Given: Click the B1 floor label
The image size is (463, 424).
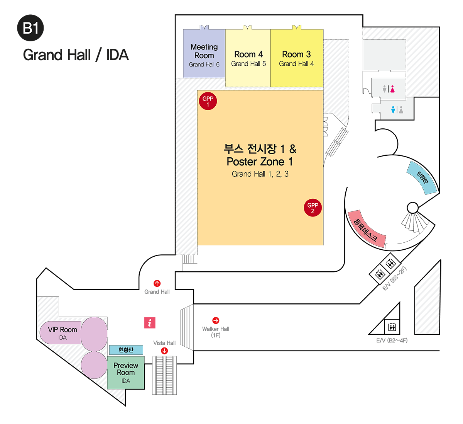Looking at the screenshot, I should click(31, 29).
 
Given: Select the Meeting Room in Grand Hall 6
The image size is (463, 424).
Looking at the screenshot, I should click(204, 54).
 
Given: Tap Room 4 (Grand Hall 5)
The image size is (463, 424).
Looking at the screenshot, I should click(248, 58).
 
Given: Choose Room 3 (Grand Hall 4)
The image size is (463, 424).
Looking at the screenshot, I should click(296, 58).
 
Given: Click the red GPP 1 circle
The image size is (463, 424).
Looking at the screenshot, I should click(208, 101).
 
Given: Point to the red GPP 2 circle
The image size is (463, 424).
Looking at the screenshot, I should click(313, 208).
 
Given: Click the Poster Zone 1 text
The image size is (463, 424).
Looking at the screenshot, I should click(260, 162).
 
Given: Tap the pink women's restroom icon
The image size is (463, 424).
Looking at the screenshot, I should click(392, 89).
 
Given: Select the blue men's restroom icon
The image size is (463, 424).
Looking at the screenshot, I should click(393, 110).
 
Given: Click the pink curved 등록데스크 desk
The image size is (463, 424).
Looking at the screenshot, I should click(366, 229).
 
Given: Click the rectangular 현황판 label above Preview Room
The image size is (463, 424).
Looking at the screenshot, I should click(126, 350).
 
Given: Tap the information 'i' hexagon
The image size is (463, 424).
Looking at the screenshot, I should click(149, 322).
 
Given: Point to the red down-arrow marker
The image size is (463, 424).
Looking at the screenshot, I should click(164, 351).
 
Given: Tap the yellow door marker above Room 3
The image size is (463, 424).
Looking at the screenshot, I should click(297, 27).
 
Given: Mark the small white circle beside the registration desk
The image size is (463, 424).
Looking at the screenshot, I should click(412, 208).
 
